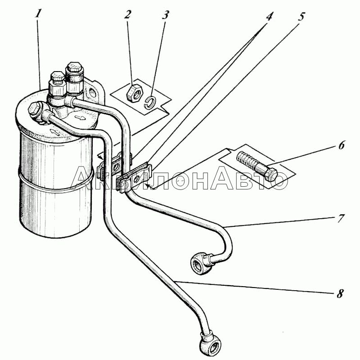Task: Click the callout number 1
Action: coord(38,14)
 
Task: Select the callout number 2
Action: coord(127,15)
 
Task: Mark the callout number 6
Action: coord(342,145)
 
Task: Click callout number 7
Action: coord(341,218)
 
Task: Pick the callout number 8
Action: coord(340,293)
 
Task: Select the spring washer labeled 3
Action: coord(151,103)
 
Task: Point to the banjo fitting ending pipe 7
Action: coord(201,262)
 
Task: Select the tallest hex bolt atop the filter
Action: coord(74,76)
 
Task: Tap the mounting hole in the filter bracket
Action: coord(92,93)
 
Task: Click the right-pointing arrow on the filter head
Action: coord(81,118)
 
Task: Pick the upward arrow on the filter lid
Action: coord(53,132)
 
